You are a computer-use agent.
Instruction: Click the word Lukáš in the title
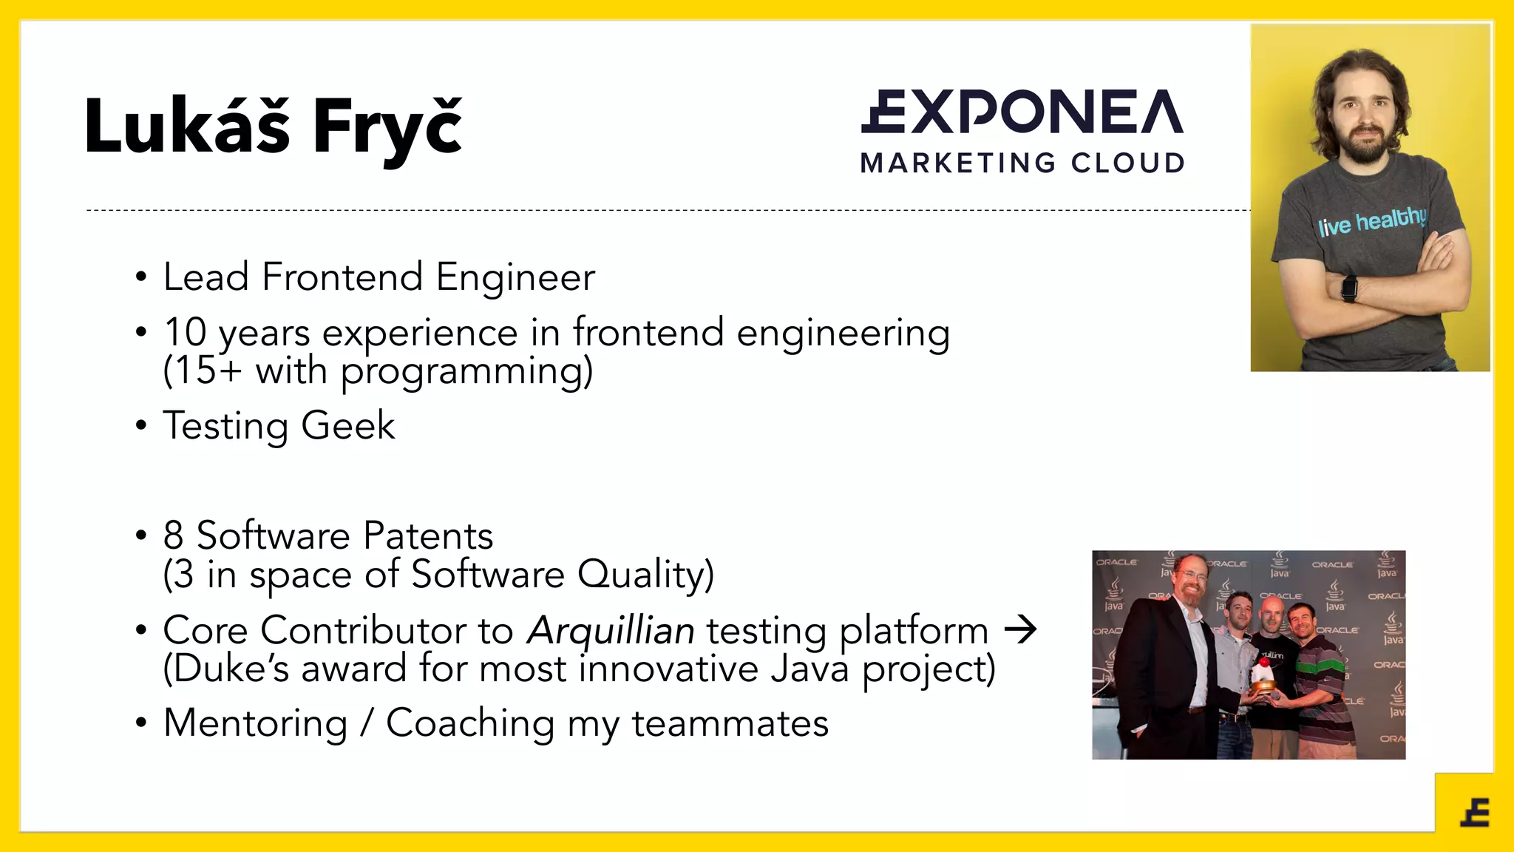point(187,127)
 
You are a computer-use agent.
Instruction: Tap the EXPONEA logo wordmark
point(1022,112)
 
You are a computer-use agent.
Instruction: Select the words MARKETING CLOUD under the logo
point(1022,163)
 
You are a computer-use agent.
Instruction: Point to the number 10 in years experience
point(185,332)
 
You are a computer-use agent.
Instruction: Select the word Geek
point(347,426)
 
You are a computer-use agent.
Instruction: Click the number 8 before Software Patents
point(173,535)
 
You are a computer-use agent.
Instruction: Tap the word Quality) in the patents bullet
point(645,575)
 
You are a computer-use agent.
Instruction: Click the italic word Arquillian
point(611,631)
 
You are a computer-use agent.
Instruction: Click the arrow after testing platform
point(1020,630)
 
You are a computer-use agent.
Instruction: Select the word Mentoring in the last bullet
point(256,723)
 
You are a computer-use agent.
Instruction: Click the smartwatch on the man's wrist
point(1349,287)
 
